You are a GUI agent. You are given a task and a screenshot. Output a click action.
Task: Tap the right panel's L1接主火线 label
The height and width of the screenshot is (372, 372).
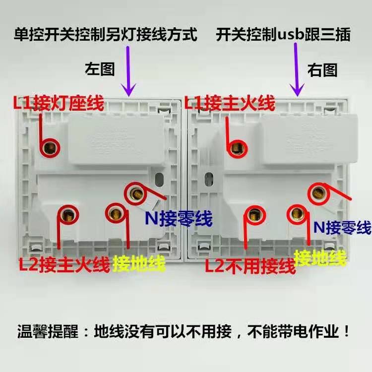(x=229, y=104)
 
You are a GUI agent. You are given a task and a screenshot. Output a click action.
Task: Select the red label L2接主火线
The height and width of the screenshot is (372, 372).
(x=63, y=264)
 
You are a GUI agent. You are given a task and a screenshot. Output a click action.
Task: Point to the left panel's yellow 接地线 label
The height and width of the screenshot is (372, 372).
(x=139, y=264)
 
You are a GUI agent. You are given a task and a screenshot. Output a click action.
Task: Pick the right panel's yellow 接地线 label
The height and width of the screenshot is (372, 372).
(x=320, y=257)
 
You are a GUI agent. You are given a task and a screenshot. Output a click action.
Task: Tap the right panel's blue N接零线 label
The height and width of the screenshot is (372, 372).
(x=343, y=228)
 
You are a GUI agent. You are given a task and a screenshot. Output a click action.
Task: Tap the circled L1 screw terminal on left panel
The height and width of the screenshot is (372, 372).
(x=50, y=147)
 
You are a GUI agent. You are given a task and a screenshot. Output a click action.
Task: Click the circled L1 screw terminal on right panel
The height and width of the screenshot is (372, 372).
(x=237, y=147)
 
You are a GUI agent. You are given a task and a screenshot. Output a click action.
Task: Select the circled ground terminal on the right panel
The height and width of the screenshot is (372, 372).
(x=298, y=214)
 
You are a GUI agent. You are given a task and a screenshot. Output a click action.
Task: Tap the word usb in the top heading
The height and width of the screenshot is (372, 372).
(x=291, y=35)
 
